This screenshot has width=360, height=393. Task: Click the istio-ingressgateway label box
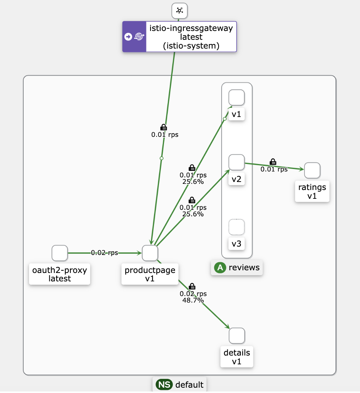[191, 37]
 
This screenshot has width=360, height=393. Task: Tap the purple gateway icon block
[134, 37]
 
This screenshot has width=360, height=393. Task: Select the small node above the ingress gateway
[180, 11]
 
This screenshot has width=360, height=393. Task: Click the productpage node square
[150, 253]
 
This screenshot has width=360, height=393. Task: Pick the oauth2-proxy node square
[60, 253]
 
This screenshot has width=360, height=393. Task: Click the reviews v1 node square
[237, 97]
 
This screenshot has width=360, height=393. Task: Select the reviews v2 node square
[237, 162]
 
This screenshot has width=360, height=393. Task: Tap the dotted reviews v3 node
[237, 227]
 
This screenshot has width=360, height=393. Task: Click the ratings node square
[312, 170]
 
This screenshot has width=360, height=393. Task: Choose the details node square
[237, 336]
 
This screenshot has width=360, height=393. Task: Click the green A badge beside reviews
[220, 268]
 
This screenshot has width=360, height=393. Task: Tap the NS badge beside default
[164, 385]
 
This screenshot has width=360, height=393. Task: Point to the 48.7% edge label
[193, 300]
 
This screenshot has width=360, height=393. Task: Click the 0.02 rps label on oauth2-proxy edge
[104, 253]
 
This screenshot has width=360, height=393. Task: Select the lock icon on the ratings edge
[273, 162]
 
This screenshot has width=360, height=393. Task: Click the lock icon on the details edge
[192, 286]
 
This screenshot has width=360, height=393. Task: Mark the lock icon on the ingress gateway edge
[163, 127]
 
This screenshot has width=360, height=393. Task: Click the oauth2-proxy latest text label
[60, 274]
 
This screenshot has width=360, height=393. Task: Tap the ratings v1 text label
[312, 192]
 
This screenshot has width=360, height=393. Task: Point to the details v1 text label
[237, 357]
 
